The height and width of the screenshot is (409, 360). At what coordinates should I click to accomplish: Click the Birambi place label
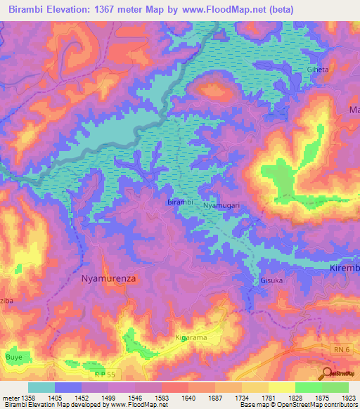coord(180,202)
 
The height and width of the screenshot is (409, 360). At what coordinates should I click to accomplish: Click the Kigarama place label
coord(191,338)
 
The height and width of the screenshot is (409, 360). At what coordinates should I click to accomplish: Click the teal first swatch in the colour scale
coord(41,387)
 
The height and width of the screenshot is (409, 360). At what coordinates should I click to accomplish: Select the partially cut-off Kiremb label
coord(345,268)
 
